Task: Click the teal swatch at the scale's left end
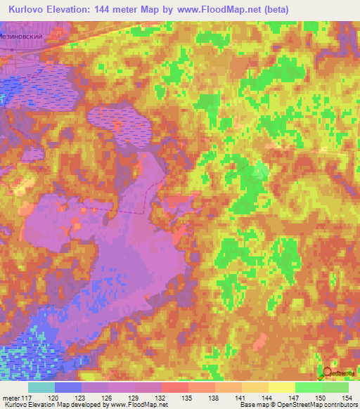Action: coord(41,387)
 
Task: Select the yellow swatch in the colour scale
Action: coord(281,387)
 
